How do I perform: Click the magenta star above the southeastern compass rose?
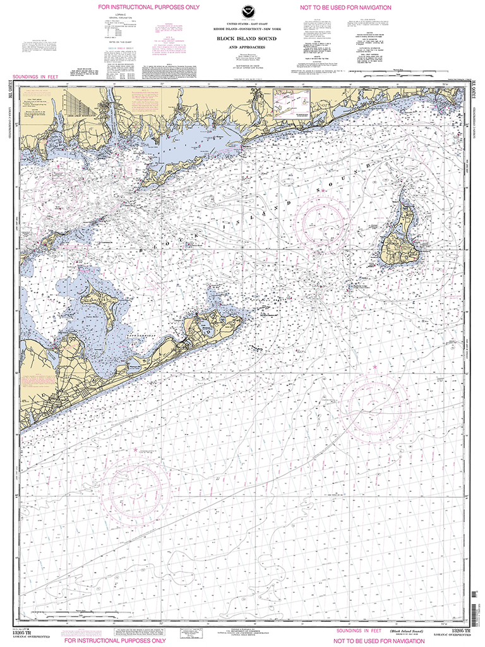[374, 367]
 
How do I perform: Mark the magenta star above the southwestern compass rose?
[135, 450]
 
